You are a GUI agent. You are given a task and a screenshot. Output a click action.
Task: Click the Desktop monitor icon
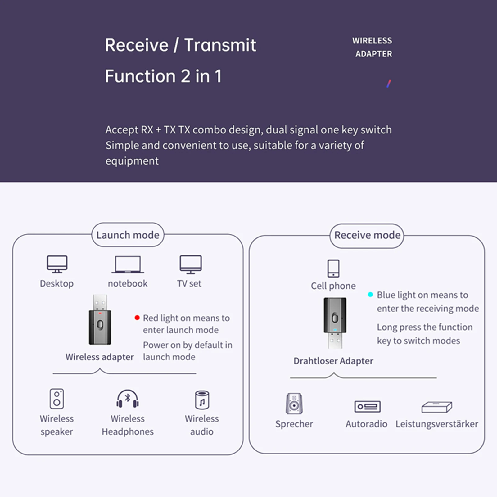57,264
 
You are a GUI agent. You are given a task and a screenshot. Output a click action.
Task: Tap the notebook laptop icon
128,264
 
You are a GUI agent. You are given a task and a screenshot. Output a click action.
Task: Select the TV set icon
191,264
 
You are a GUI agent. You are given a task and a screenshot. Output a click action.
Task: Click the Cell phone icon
333,268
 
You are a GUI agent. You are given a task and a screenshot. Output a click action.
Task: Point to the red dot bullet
137,318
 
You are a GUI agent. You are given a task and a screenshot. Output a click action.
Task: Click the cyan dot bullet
370,294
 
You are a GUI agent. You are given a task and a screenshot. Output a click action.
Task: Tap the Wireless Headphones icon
127,399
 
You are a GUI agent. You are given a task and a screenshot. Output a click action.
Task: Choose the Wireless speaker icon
57,399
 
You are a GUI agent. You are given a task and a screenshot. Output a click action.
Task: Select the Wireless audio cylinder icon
202,400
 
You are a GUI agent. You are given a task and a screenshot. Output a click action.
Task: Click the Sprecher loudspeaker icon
294,404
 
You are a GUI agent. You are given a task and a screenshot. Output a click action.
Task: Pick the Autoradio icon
367,406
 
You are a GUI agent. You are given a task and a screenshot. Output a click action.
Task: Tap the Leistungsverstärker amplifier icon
436,407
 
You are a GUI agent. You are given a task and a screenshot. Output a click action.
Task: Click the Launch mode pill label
128,235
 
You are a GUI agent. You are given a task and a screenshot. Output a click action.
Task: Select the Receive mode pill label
367,235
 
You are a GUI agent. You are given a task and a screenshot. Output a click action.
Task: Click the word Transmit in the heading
220,45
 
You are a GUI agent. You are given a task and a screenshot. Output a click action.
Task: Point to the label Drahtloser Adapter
333,361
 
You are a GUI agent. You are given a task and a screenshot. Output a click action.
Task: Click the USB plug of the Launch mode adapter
100,302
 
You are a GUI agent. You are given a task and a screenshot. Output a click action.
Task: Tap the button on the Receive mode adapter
335,318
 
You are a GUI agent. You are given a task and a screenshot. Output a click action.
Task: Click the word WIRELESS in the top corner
372,41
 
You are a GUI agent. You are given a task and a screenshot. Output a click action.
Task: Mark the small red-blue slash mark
388,84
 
